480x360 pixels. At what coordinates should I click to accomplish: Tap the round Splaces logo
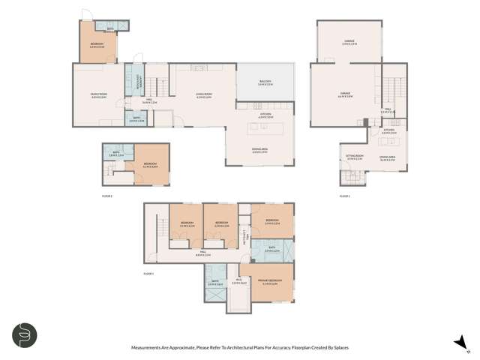24,334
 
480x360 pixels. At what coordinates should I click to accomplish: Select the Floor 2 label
344,196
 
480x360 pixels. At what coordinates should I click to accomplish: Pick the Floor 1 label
148,274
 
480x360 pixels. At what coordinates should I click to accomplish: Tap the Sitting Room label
355,157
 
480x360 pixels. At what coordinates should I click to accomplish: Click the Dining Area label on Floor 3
260,151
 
